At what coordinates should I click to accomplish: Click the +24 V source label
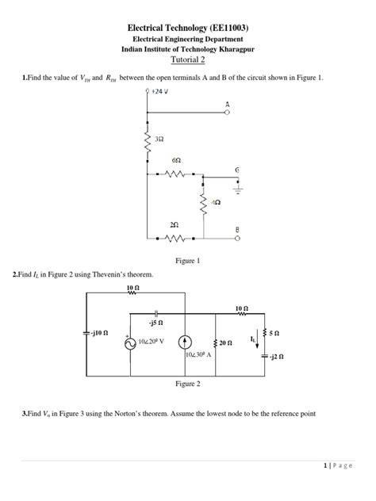[x=163, y=93]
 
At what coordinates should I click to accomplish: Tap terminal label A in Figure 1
[x=227, y=104]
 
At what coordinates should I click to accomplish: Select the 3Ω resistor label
[x=159, y=140]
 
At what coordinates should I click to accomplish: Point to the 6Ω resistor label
[x=175, y=160]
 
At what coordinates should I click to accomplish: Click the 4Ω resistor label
[x=216, y=203]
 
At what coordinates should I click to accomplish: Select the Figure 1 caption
[x=187, y=260]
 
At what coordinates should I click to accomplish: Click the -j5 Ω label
[x=156, y=323]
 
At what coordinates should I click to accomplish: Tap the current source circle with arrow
[x=183, y=342]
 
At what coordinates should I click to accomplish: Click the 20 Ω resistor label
[x=225, y=343]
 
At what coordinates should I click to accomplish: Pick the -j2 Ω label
[x=274, y=358]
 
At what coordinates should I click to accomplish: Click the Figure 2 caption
[x=187, y=384]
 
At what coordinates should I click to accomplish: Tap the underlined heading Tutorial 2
[x=188, y=59]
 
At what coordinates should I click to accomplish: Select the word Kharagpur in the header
[x=231, y=49]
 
